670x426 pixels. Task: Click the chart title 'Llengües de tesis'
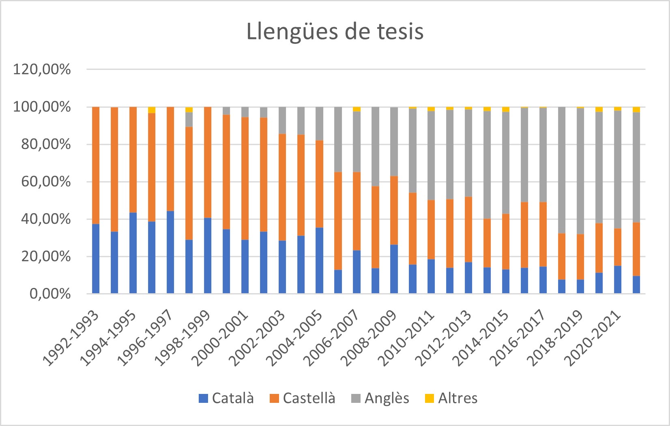(335, 32)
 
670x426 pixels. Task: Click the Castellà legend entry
(303, 398)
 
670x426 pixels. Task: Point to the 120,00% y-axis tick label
(42, 69)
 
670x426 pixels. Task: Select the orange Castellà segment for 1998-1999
(208, 162)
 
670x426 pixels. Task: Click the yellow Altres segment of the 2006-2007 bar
(357, 109)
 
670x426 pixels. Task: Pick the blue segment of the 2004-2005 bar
(320, 260)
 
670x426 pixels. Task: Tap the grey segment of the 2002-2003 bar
(282, 120)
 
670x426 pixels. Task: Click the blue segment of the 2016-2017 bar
(543, 280)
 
